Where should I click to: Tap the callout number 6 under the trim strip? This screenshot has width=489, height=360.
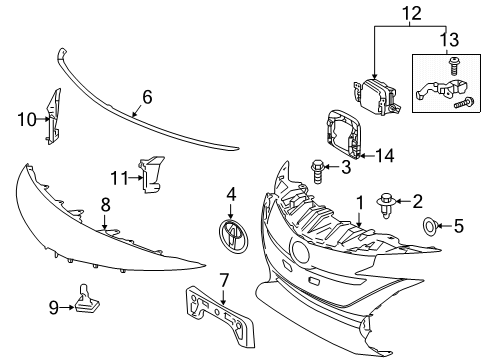click(146, 97)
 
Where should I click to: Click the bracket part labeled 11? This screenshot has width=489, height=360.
click(150, 177)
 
